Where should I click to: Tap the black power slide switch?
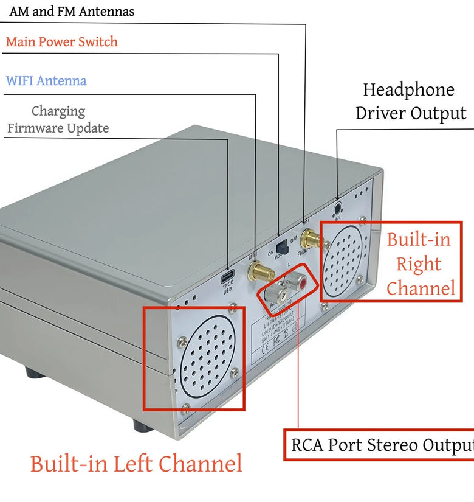281,248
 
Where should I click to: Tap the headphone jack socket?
338,211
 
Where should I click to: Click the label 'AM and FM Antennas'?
72,12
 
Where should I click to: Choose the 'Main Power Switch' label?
61,42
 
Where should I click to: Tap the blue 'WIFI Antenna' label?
46,81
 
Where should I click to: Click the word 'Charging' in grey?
58,111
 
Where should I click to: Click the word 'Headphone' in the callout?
408,90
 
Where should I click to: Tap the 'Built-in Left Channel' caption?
136,464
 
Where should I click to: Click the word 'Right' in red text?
418,264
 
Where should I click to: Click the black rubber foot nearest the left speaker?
143,425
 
